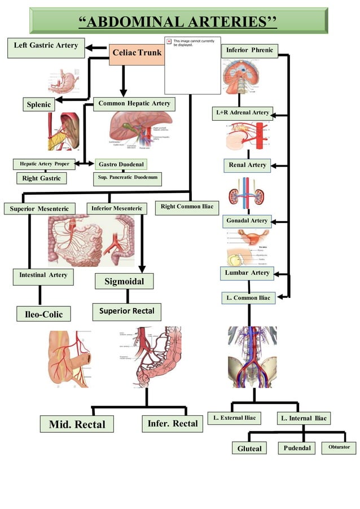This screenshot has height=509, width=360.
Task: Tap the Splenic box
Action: click(x=39, y=104)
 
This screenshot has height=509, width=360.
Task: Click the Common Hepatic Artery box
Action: click(x=134, y=104)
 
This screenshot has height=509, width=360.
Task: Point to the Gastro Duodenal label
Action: click(x=121, y=164)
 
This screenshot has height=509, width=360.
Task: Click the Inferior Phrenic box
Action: click(x=249, y=51)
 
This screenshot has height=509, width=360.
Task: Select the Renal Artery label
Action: click(x=247, y=165)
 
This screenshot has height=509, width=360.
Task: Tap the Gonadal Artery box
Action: click(x=247, y=220)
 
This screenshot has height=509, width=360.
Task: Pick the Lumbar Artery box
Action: click(x=247, y=273)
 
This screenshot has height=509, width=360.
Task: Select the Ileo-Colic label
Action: click(x=39, y=314)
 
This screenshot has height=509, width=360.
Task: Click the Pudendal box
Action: click(x=297, y=448)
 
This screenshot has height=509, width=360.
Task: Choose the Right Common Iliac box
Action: click(x=186, y=207)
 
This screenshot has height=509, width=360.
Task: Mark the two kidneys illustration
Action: click(x=247, y=194)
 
